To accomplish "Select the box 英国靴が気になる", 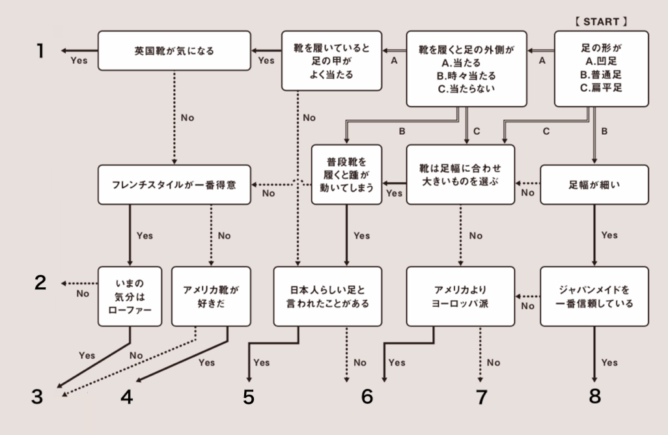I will [174, 49].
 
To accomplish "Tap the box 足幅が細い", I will [594, 185].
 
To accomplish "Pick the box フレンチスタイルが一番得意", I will [174, 185].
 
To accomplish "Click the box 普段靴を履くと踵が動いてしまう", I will [346, 175].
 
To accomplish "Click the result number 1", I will [40, 50].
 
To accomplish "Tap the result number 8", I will [594, 395].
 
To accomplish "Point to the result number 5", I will [248, 397].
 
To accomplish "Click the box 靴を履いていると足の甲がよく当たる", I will [331, 61].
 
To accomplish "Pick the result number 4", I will [126, 397].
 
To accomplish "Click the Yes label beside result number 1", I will [79, 61].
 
